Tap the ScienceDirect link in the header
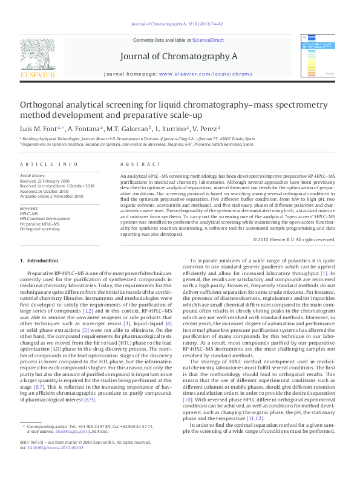click(208, 41)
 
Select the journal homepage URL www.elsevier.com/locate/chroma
click(206, 73)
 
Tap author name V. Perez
click(205, 129)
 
